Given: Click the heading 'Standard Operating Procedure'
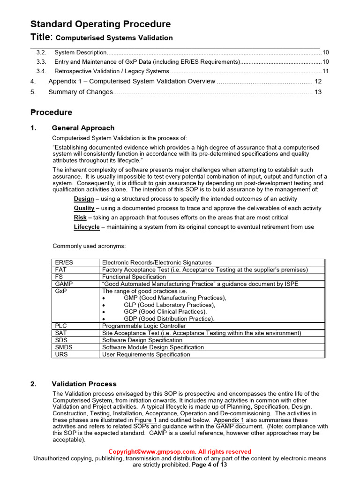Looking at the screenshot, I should pos(100,24).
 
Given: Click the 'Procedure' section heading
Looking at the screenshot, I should pos(51,112).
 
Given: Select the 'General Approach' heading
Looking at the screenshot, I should pos(83,128).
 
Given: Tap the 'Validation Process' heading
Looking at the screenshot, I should pos(84,384).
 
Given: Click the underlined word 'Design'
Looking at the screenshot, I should pos(83,199).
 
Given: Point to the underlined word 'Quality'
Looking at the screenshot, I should pos(84,208).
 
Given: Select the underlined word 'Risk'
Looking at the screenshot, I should pos(80,217).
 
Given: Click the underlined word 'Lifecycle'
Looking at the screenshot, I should pos(87,227).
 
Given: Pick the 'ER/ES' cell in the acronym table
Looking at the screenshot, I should pos(64,262).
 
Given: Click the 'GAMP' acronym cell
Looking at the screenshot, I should pos(64,284).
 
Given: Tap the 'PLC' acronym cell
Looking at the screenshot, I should pos(61,326).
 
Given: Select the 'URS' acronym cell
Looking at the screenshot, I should pos(62,354).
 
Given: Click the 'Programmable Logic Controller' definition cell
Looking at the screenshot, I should pos(144,326).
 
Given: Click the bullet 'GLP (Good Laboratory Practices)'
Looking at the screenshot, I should pos(169,305).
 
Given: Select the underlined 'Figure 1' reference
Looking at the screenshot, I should pos(145,420).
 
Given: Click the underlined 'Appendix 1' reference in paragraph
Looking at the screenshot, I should pos(229,420).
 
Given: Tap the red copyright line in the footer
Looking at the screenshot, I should pos(180,451).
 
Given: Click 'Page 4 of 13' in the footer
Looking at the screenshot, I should pos(210,465).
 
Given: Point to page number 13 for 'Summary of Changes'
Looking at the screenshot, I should pos(318,92).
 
